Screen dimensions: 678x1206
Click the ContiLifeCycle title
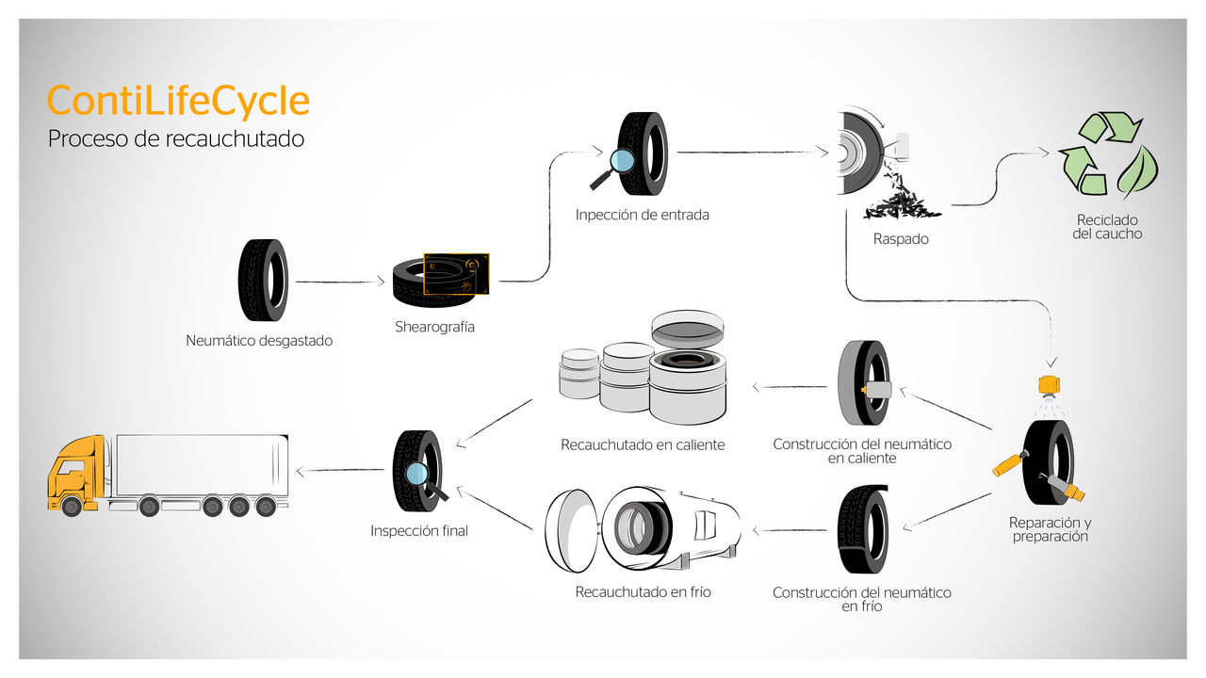[x=178, y=101]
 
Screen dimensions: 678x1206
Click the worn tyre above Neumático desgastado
[x=262, y=280]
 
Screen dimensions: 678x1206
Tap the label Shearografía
[x=434, y=328]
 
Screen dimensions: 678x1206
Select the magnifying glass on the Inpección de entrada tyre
[x=621, y=161]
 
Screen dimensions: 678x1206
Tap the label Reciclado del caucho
[x=1107, y=226]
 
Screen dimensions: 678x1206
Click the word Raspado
[x=901, y=239]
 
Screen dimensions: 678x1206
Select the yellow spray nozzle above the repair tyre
[x=1047, y=384]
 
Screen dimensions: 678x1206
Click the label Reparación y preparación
[x=1050, y=529]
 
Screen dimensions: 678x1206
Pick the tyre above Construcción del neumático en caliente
[x=862, y=384]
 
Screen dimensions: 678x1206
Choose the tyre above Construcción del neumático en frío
[x=862, y=529]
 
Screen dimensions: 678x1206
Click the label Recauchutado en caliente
[x=643, y=444]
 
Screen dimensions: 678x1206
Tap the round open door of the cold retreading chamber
[x=571, y=532]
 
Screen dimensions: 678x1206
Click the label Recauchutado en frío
[x=643, y=592]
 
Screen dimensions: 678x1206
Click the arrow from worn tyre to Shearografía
[x=340, y=281]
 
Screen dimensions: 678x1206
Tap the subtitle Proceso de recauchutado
[x=176, y=138]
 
